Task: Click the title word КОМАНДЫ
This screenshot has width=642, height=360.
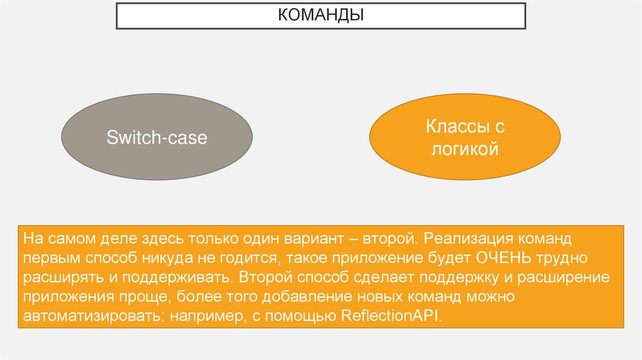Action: click(321, 14)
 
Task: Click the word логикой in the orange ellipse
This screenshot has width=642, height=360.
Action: click(465, 150)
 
